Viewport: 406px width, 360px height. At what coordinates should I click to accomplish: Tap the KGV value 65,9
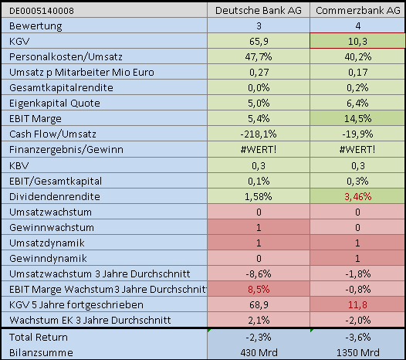coord(259,40)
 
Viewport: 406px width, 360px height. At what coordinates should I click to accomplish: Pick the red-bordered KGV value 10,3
coord(357,40)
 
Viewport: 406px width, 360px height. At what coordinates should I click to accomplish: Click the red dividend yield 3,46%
coord(357,196)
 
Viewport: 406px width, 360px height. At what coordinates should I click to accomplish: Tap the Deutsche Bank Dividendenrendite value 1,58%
coord(259,196)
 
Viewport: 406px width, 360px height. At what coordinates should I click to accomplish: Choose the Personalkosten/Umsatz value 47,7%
coord(259,56)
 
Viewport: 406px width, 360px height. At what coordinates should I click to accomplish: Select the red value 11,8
coord(357,304)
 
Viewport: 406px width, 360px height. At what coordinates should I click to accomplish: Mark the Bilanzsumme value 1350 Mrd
coord(357,352)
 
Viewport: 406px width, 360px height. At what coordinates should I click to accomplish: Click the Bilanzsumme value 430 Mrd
coord(259,352)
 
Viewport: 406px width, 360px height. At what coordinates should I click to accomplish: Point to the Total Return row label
coord(36,337)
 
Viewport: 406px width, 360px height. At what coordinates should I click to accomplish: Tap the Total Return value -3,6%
coord(357,337)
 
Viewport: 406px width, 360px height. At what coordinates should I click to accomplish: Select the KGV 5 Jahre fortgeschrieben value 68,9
coord(259,304)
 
